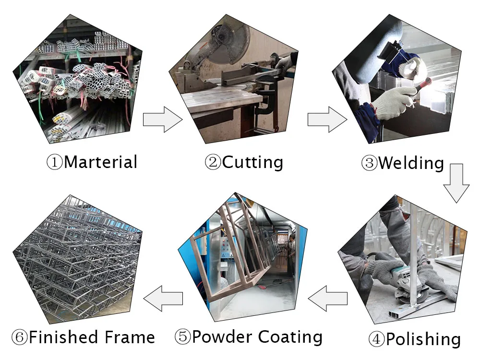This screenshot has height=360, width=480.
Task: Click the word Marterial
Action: point(100,162)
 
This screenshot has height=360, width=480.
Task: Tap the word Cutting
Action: point(252,162)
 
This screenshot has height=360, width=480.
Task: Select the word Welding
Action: point(411,163)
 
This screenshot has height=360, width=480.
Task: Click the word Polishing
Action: point(423,339)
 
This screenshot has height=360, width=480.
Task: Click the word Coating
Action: point(290,337)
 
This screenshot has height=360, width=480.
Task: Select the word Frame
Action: point(130,337)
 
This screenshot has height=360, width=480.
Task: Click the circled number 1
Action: point(54,162)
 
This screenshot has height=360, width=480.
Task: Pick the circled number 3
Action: point(369,163)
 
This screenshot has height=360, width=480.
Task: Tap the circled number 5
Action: point(182,337)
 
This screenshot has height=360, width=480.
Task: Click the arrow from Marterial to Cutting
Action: point(162,119)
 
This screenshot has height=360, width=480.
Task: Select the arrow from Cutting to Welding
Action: point(326,119)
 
